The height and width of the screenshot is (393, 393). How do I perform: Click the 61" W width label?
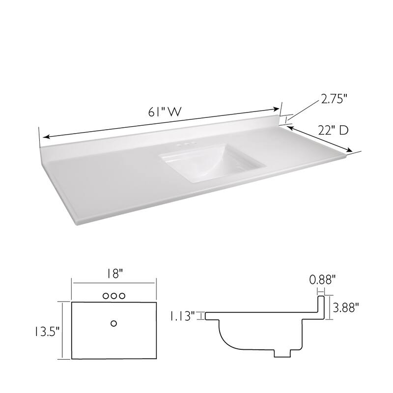(163, 112)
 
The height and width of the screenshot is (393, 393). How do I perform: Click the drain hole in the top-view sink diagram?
(114, 323)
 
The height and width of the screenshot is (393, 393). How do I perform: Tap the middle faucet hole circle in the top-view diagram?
(114, 296)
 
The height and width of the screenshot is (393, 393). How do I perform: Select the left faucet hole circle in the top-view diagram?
(106, 296)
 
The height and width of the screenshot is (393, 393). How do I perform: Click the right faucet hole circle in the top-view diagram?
(122, 296)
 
